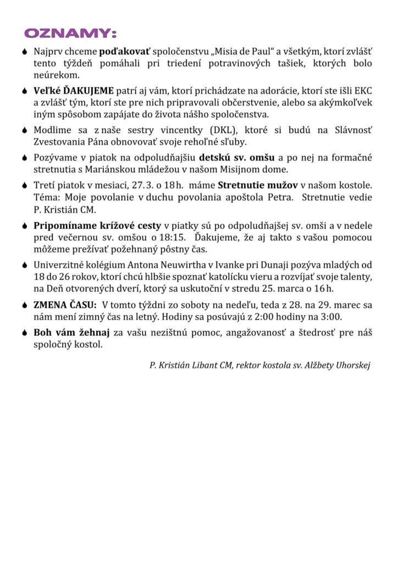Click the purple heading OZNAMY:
[x=70, y=34]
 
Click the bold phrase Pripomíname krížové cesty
[x=97, y=225]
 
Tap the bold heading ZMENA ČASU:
[x=65, y=305]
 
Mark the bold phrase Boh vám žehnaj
[x=72, y=333]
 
